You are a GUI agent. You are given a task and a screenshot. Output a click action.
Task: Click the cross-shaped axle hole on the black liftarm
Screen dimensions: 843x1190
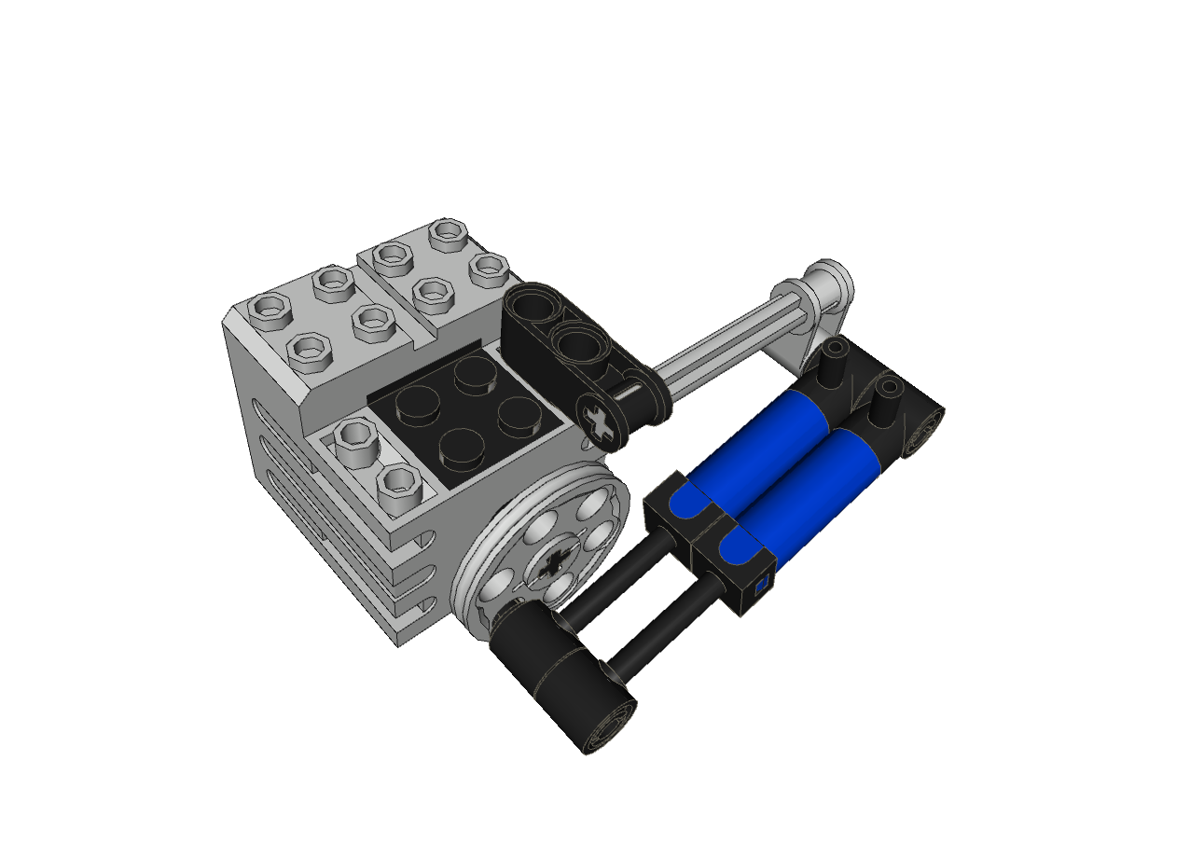601,420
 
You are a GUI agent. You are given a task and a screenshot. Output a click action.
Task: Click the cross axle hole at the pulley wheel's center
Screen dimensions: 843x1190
551,562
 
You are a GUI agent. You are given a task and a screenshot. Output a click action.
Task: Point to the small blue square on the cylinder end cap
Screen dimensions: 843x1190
761,586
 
